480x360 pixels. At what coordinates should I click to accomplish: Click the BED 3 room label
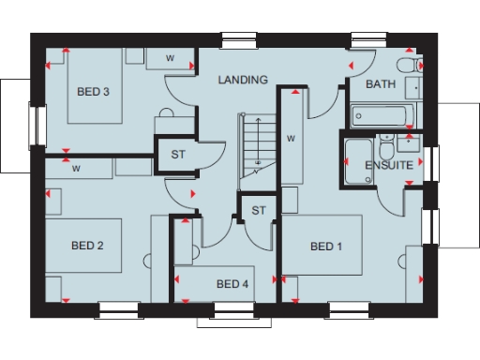point(93,92)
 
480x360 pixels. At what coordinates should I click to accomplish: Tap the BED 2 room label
point(87,246)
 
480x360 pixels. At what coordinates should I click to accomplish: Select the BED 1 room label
point(326,246)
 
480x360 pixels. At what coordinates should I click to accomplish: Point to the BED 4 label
point(232,284)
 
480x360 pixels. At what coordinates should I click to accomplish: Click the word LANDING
point(243,81)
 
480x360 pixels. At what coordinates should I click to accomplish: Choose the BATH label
point(380,84)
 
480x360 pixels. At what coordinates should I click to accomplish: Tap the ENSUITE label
point(388,165)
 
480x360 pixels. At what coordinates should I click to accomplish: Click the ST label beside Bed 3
point(177,155)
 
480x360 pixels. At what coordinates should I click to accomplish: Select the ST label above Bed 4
point(259,210)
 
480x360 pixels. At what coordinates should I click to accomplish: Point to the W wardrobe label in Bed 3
point(170,58)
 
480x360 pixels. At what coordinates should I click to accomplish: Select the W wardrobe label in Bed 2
point(75,170)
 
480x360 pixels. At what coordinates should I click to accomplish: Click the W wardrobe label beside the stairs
point(292,139)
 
